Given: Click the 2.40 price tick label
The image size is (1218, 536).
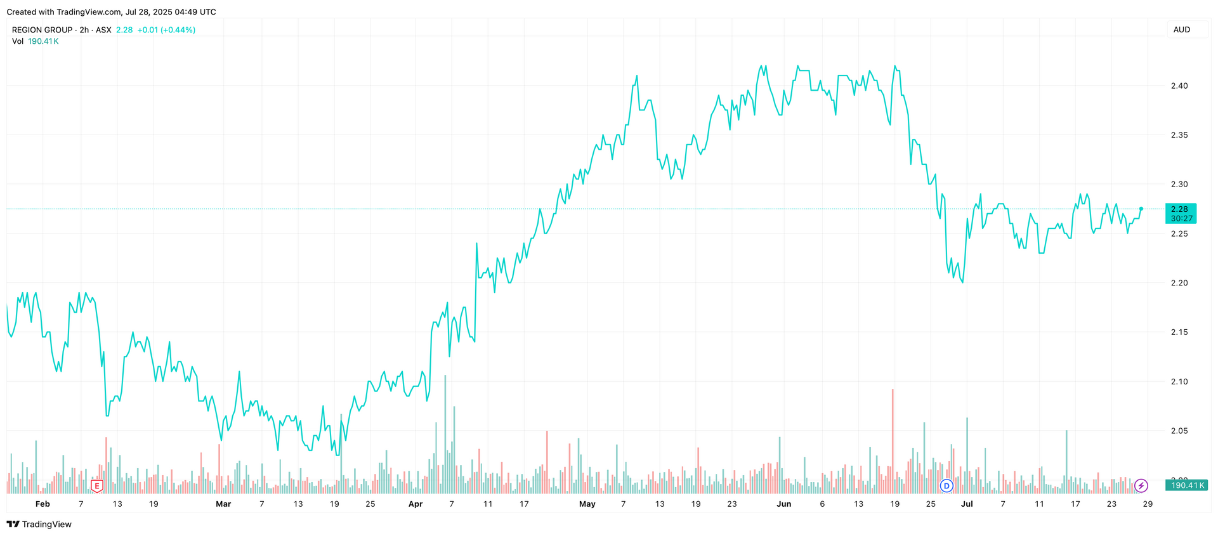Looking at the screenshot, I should (x=1179, y=86).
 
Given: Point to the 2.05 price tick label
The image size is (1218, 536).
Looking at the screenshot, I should (x=1179, y=431).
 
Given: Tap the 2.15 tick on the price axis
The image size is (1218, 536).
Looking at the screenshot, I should (x=1179, y=332).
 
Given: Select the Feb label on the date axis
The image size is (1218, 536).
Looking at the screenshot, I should (x=43, y=504).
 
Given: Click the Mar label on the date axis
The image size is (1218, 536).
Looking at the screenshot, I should (x=223, y=504).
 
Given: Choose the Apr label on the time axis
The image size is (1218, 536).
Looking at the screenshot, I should (x=416, y=504).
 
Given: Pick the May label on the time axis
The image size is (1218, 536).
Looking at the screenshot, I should (x=587, y=504).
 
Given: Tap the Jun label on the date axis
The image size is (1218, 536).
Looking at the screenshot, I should (x=784, y=504).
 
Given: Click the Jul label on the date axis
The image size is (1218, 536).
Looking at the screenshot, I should (x=967, y=504).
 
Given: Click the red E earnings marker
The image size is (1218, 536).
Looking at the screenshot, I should (x=97, y=486).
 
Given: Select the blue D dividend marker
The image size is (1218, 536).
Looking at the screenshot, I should (x=946, y=486).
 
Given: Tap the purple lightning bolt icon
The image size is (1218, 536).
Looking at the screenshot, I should (x=1141, y=486).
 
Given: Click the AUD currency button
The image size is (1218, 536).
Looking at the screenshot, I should (x=1182, y=30).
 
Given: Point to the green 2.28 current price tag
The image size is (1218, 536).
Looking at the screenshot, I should (x=1181, y=213).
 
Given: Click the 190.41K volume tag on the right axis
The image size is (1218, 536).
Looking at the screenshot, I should (x=1187, y=485).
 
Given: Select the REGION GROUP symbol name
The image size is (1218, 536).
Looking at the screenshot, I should (x=42, y=30).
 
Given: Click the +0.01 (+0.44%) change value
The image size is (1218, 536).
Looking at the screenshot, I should (x=166, y=30).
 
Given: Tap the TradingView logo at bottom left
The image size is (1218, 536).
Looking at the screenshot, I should (x=39, y=524).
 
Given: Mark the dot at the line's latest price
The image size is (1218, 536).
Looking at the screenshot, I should (x=1141, y=209).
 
